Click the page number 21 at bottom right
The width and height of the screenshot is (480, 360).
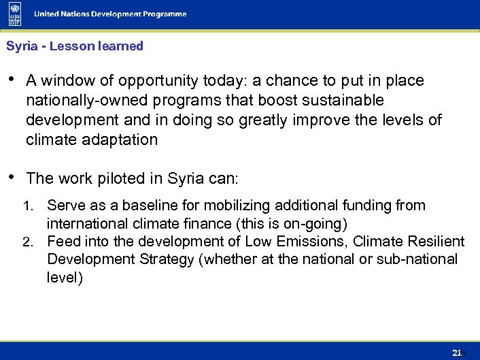pos(458,352)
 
